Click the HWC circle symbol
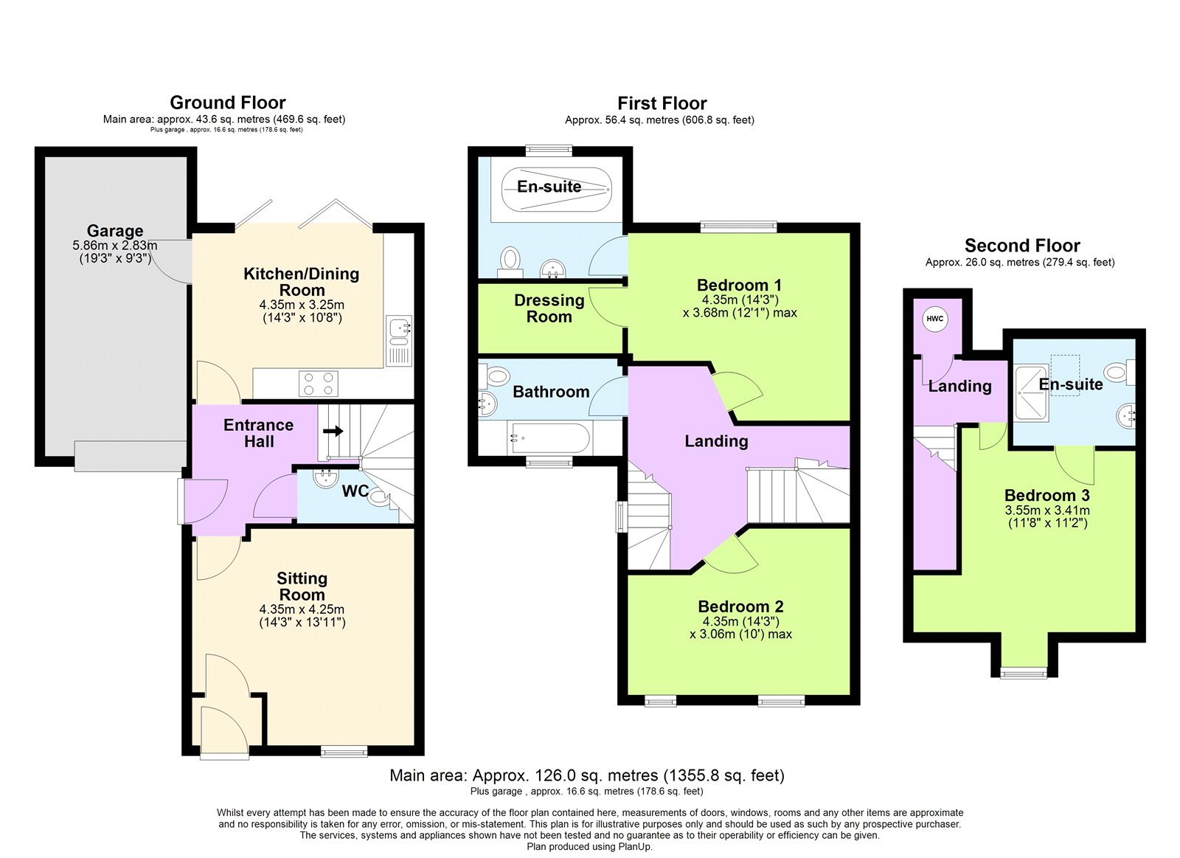click(934, 319)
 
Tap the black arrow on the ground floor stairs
click(333, 431)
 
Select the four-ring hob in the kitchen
click(319, 384)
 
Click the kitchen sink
click(399, 332)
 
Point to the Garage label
click(115, 231)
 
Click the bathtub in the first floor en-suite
click(556, 189)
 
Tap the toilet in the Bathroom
click(496, 376)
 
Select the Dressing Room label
click(549, 308)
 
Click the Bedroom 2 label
click(740, 606)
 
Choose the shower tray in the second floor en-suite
click(1032, 393)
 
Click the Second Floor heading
click(1021, 246)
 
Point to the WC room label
click(355, 491)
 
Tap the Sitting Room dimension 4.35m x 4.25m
click(302, 610)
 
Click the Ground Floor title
click(227, 103)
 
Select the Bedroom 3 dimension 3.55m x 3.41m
click(1047, 511)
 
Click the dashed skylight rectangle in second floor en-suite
click(1065, 375)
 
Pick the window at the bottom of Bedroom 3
click(1023, 672)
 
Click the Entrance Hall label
click(258, 433)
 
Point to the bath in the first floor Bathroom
click(550, 439)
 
